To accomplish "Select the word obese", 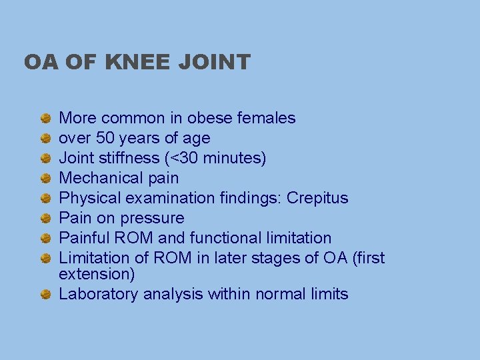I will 208,119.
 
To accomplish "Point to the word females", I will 265,119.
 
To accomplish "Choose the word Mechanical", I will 96,179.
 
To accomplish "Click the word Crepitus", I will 317,199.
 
